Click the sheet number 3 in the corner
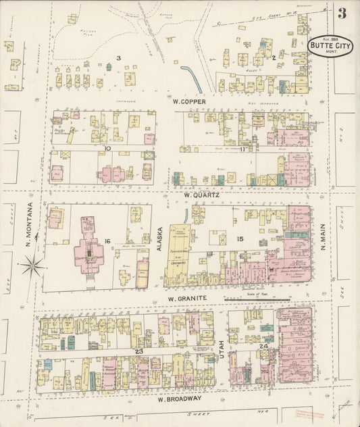click(x=343, y=13)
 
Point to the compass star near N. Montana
click(x=32, y=265)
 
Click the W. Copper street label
click(x=184, y=102)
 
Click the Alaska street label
click(x=160, y=239)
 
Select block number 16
click(x=107, y=241)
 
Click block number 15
click(x=239, y=239)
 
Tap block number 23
click(x=138, y=351)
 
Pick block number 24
click(x=263, y=347)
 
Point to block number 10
click(x=107, y=147)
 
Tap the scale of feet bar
click(x=267, y=299)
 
